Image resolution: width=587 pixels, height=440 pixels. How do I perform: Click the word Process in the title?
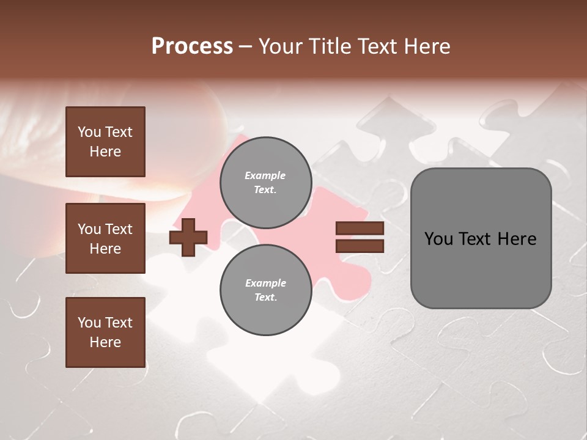[x=192, y=46]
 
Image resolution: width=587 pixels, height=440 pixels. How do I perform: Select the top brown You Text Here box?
[x=105, y=142]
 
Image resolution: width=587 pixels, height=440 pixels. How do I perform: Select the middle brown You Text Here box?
[x=105, y=238]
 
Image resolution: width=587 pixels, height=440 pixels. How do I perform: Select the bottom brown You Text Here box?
[x=105, y=332]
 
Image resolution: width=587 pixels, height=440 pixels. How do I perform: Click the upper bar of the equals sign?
[x=360, y=229]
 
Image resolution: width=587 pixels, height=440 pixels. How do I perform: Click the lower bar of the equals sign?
[x=360, y=246]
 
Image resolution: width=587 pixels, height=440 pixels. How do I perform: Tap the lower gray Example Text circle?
[x=265, y=290]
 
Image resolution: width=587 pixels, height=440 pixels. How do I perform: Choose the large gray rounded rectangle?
[x=481, y=269]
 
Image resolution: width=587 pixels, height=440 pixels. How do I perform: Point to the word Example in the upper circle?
[x=265, y=175]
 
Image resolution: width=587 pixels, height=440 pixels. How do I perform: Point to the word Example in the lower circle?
[x=265, y=283]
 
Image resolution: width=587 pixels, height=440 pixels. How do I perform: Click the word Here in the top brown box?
[x=105, y=152]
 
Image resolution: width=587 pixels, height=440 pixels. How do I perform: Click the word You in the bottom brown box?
[x=89, y=322]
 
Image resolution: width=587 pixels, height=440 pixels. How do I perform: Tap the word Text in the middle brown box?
[x=119, y=229]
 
